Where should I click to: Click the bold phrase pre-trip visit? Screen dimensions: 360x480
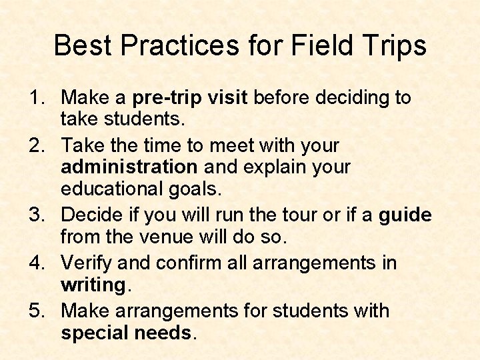click(191, 98)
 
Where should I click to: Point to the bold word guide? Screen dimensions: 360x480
click(405, 215)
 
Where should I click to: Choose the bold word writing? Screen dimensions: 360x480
click(93, 285)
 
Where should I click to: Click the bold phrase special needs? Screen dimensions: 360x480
click(126, 333)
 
